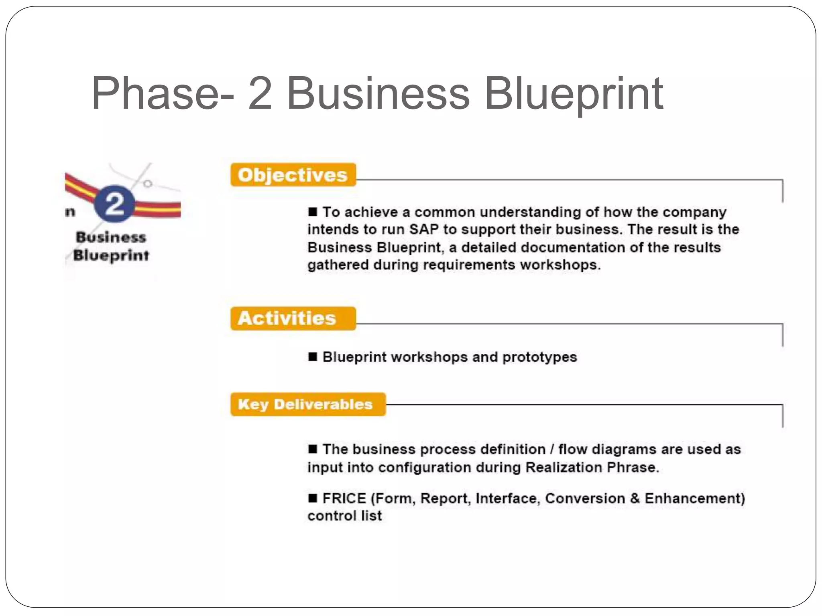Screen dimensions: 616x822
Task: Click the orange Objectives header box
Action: (x=293, y=175)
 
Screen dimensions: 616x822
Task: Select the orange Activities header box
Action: (x=293, y=318)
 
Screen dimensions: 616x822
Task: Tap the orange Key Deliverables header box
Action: (x=308, y=404)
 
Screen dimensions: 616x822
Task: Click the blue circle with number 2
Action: (x=114, y=204)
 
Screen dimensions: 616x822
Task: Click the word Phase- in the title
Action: (x=163, y=94)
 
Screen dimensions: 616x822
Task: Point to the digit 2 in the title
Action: (x=260, y=94)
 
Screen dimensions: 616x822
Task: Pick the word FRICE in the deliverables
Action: (x=344, y=498)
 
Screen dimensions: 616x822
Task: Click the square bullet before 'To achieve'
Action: (x=313, y=211)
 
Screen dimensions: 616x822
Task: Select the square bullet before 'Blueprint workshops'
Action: (x=313, y=357)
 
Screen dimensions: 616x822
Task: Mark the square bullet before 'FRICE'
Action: (x=313, y=498)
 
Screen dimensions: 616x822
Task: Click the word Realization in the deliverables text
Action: (x=564, y=467)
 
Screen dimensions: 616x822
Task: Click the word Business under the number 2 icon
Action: (x=111, y=237)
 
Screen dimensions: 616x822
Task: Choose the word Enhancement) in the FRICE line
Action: (x=695, y=498)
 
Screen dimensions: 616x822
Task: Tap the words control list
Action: (x=344, y=516)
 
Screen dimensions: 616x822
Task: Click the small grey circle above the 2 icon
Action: (x=148, y=184)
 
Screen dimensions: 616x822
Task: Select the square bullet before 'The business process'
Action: (x=313, y=449)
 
